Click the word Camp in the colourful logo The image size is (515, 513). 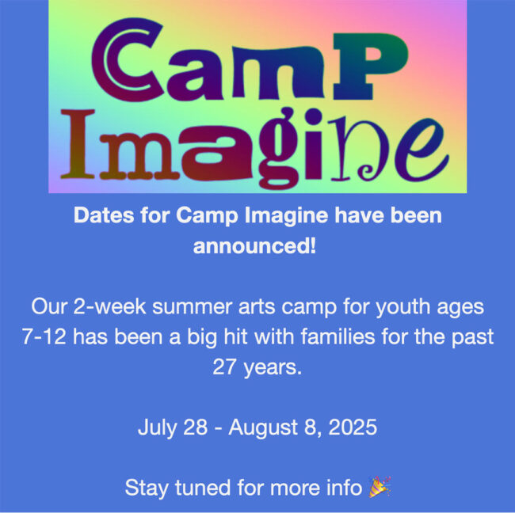click(254, 59)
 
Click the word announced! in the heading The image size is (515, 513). click(255, 245)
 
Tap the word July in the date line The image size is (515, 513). click(155, 428)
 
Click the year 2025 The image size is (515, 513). click(353, 428)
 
